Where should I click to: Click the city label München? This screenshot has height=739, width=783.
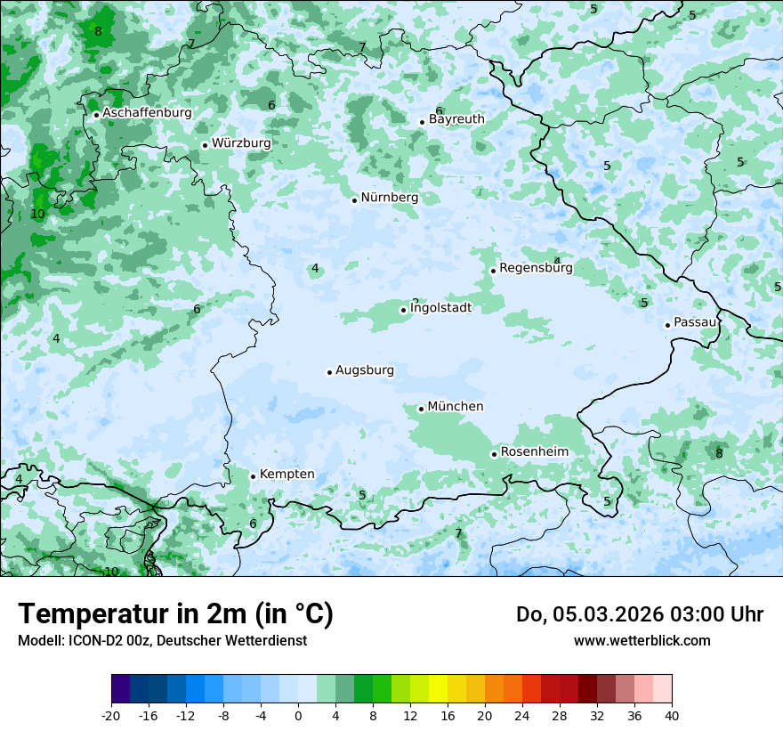click(455, 407)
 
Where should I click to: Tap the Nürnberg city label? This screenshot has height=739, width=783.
click(389, 198)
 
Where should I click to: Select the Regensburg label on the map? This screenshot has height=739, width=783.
click(536, 268)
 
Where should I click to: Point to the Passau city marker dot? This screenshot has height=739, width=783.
click(667, 325)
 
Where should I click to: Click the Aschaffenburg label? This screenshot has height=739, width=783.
click(147, 113)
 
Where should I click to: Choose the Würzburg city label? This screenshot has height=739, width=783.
click(240, 143)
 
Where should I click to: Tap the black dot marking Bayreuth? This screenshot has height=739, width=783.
click(423, 123)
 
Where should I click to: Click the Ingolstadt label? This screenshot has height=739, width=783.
click(440, 308)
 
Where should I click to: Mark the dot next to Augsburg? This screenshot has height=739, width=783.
click(329, 372)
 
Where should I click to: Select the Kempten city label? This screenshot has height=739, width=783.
click(287, 475)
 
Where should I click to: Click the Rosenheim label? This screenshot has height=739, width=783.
click(534, 452)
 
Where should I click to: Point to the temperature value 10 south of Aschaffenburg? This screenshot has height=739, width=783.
click(37, 215)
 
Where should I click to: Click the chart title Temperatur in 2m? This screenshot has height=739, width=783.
click(175, 614)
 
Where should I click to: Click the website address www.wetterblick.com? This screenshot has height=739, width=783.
click(642, 641)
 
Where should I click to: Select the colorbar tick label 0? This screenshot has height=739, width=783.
click(298, 716)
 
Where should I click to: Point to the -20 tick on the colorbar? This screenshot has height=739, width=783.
click(111, 716)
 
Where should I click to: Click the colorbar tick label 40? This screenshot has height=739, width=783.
click(672, 716)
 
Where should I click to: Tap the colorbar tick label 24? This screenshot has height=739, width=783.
click(522, 716)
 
